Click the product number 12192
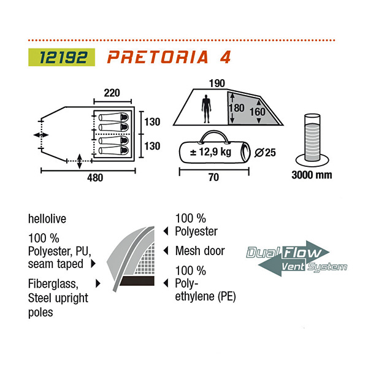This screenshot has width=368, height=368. click(x=61, y=58)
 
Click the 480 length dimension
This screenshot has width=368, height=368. click(x=94, y=178)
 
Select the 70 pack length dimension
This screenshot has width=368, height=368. click(x=214, y=178)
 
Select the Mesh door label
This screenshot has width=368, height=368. click(x=201, y=250)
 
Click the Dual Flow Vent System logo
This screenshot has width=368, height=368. click(x=296, y=259)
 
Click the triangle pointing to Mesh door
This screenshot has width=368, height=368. click(x=166, y=250)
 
